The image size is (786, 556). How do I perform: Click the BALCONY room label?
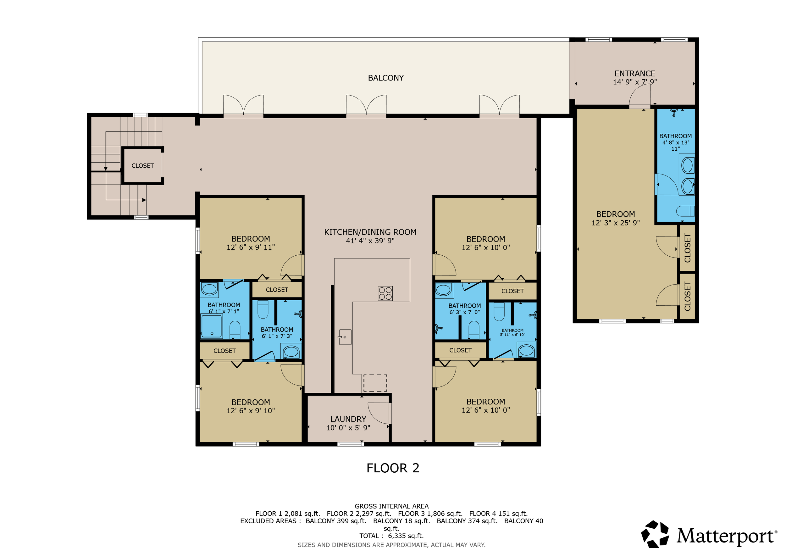point(386,78)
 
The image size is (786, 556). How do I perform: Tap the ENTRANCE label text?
point(635,74)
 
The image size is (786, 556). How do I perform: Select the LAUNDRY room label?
point(348,419)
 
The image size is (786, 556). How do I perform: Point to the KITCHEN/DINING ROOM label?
point(370,232)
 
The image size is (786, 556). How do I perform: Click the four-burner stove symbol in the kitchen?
point(385,293)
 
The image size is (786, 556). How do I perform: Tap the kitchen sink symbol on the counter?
point(345,337)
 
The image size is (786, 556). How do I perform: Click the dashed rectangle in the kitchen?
point(375,383)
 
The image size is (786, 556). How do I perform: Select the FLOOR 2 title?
point(393,468)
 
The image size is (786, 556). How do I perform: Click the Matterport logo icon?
point(655,534)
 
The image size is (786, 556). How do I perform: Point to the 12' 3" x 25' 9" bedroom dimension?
point(616,223)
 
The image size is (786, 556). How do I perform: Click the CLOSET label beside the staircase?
point(143,166)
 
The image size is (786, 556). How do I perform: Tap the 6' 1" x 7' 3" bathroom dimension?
point(277,336)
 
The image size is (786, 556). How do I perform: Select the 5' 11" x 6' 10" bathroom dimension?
point(512,335)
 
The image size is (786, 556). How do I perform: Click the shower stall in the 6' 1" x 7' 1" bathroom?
point(212,326)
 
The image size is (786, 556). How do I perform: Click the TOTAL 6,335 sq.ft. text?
point(391,536)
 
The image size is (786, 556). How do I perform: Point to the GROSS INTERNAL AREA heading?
point(391,506)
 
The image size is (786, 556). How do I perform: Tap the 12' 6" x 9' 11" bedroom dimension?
point(251,247)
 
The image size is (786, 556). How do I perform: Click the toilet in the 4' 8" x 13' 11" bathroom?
point(685,211)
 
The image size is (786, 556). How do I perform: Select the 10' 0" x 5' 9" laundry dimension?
point(348,428)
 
